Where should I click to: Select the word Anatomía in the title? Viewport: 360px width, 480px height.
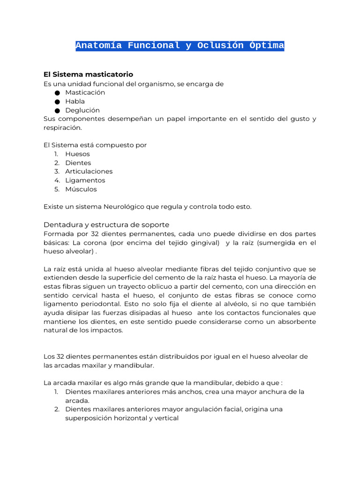pyautogui.click(x=99, y=46)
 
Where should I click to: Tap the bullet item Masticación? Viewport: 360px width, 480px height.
pyautogui.click(x=85, y=92)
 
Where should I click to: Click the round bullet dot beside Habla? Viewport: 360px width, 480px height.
pyautogui.click(x=57, y=102)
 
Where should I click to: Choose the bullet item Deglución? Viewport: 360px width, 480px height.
pyautogui.click(x=82, y=110)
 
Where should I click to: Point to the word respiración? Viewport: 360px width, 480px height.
pyautogui.click(x=62, y=127)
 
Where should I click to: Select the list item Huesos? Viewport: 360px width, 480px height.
pyautogui.click(x=77, y=154)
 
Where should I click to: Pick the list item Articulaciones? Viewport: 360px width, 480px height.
pyautogui.click(x=89, y=172)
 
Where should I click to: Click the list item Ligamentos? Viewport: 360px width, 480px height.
pyautogui.click(x=85, y=180)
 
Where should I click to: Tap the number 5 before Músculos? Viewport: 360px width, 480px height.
pyautogui.click(x=56, y=189)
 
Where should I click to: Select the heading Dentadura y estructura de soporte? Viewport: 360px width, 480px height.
pyautogui.click(x=106, y=225)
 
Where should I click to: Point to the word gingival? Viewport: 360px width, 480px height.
pyautogui.click(x=203, y=242)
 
